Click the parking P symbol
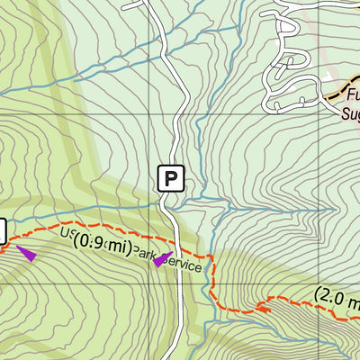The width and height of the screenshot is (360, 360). click(171, 177)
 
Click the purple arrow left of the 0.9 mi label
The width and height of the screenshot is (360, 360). click(26, 254)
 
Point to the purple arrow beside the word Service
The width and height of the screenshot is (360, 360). click(158, 261)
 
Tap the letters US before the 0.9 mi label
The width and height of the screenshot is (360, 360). click(66, 235)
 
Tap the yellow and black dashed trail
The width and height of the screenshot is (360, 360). click(333, 91)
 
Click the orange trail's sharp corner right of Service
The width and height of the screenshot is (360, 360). click(212, 258)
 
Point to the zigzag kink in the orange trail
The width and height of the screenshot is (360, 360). click(262, 306)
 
